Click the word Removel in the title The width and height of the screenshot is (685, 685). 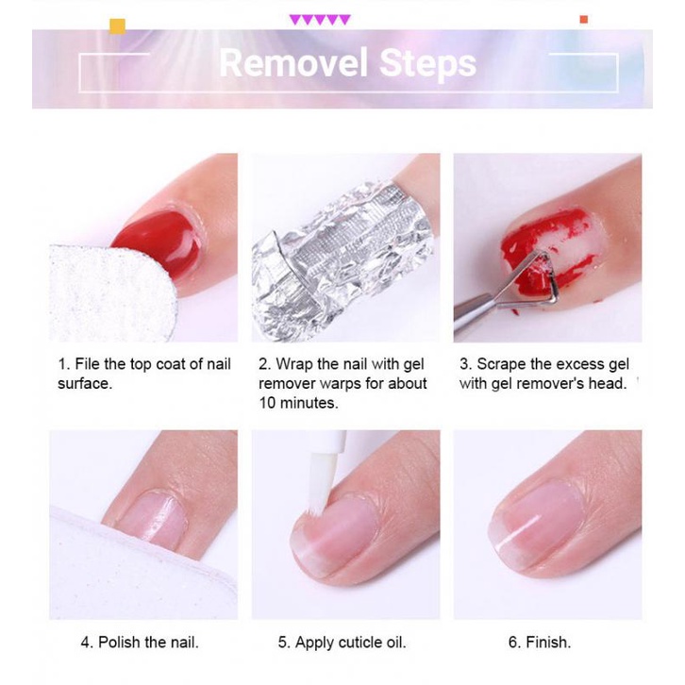click(x=293, y=63)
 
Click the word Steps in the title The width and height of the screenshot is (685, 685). click(x=427, y=63)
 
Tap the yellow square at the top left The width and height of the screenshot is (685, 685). click(x=117, y=25)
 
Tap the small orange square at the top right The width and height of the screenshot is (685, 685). click(x=584, y=19)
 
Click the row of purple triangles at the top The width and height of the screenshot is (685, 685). click(x=320, y=19)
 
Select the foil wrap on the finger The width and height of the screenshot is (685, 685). click(x=340, y=250)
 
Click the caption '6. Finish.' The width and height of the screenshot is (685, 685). click(x=539, y=643)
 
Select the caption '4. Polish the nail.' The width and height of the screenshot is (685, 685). click(x=140, y=643)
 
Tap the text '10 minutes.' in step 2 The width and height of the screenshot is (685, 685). click(x=298, y=403)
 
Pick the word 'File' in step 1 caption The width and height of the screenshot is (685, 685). click(x=91, y=364)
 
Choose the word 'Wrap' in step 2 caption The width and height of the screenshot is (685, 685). click(x=294, y=364)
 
